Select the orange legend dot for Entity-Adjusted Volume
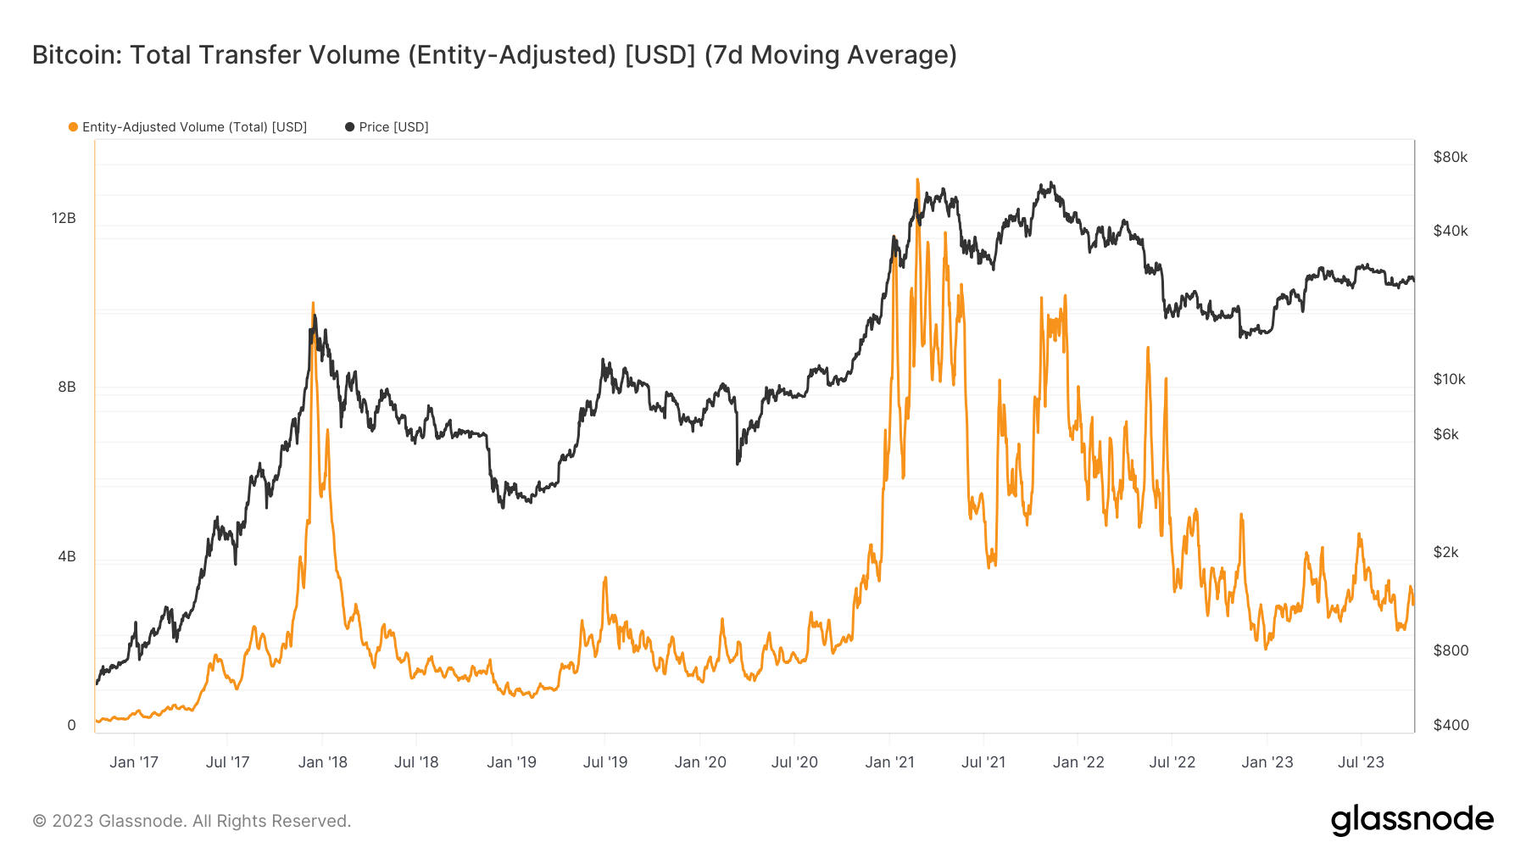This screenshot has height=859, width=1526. coord(73,127)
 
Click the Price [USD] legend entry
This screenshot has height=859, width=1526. coord(393,127)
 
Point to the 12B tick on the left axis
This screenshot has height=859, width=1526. coord(64,219)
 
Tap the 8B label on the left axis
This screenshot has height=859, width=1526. coord(67,388)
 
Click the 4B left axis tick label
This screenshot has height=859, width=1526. coord(67,557)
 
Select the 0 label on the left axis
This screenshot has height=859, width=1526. coord(71,725)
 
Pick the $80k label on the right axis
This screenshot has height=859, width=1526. coord(1450,157)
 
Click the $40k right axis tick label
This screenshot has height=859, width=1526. coord(1450,231)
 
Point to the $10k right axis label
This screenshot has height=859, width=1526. coord(1449,379)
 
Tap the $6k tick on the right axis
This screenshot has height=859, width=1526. coord(1445,434)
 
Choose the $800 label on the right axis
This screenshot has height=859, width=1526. coord(1450,650)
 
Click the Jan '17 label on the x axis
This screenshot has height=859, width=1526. coord(134,762)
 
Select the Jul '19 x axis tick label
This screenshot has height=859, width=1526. coord(605,762)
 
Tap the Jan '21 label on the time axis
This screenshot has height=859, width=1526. coord(889,762)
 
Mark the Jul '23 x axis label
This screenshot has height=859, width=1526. coord(1361,762)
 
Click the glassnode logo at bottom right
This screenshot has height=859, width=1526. coord(1412,820)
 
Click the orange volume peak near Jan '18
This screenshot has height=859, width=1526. coord(313,303)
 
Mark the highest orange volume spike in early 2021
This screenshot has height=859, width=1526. coord(917,180)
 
